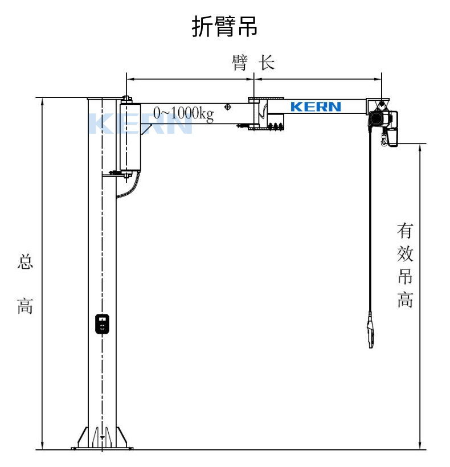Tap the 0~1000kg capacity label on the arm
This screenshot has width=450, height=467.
click(183, 113)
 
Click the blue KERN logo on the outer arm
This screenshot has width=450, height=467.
click(316, 106)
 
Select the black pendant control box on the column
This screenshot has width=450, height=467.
click(101, 324)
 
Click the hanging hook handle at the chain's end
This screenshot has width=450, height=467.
click(371, 335)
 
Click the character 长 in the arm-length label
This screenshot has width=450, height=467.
click(267, 62)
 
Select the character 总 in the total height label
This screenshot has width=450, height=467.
click(26, 263)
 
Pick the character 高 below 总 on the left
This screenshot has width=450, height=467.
click(26, 306)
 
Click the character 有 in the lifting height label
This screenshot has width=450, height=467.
click(405, 231)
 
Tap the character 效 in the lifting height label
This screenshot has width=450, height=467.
click(405, 254)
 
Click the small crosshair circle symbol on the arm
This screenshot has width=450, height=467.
click(228, 106)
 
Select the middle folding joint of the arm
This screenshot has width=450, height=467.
click(263, 116)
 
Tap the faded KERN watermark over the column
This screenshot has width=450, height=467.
click(140, 124)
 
